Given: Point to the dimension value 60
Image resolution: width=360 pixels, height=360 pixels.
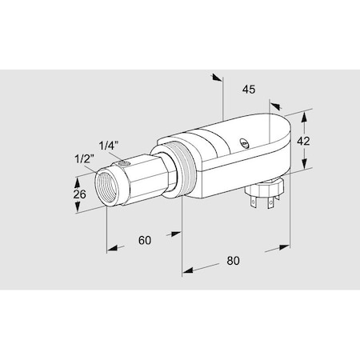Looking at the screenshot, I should click(x=145, y=239).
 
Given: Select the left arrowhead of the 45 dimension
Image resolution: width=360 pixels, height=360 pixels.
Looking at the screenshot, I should click(x=216, y=78).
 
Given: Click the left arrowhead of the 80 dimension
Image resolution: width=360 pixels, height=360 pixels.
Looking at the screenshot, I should click(x=187, y=269).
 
